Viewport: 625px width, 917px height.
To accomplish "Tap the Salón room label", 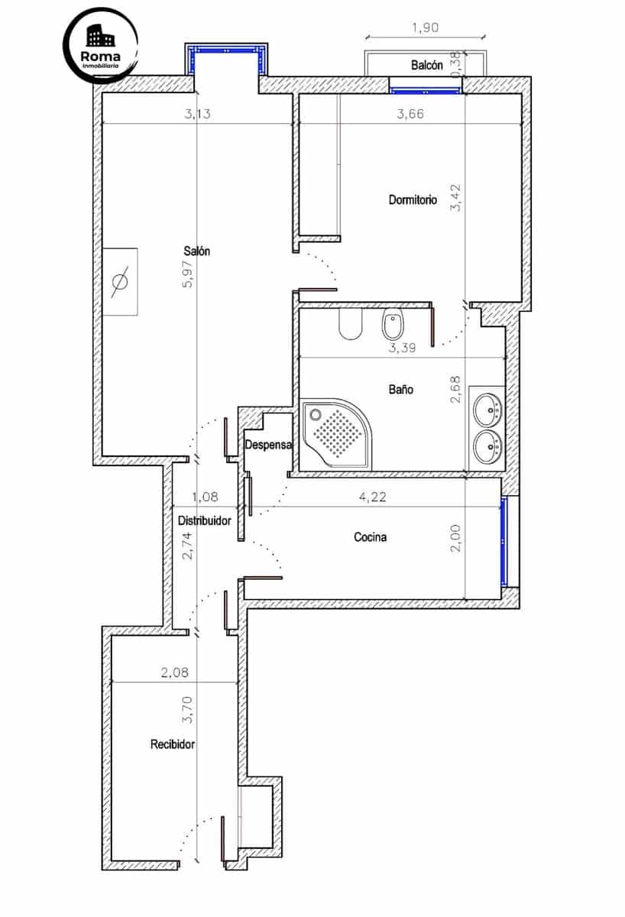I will click(196, 251).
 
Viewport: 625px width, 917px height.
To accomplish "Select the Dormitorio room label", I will click(413, 200).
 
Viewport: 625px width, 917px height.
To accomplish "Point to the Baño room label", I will click(400, 390).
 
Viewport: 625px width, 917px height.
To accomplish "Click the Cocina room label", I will click(370, 537).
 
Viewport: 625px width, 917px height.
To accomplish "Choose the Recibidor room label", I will click(173, 744).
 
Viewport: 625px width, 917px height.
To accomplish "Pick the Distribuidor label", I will click(205, 521).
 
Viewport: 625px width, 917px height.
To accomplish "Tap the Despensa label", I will click(268, 445).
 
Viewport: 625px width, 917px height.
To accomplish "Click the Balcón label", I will click(426, 66).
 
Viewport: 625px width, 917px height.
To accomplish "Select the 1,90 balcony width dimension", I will click(425, 28).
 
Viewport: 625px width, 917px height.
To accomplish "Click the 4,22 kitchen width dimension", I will click(372, 497).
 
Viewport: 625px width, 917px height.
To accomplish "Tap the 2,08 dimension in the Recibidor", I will click(174, 673).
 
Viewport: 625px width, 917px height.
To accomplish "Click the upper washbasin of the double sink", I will click(487, 412).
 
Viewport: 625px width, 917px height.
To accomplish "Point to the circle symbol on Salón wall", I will click(121, 281).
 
